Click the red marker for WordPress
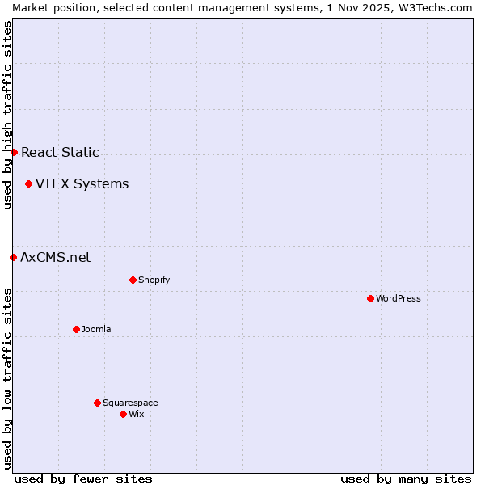[x=370, y=298]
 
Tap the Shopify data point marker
[x=133, y=280]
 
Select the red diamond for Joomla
[x=76, y=329]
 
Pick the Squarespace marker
[x=97, y=403]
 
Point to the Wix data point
[x=123, y=414]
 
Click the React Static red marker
[x=14, y=152]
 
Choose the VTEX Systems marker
[x=28, y=183]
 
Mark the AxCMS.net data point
[x=13, y=257]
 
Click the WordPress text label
[x=399, y=298]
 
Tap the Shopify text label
[x=154, y=280]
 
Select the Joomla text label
[x=96, y=329]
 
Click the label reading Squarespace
[x=130, y=403]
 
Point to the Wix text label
[x=137, y=414]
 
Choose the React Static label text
[x=60, y=152]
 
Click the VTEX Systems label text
[x=82, y=183]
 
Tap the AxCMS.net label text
[x=55, y=257]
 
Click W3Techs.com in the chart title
[x=439, y=6]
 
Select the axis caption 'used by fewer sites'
[x=83, y=479]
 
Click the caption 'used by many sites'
[x=406, y=479]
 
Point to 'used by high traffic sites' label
[x=7, y=115]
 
